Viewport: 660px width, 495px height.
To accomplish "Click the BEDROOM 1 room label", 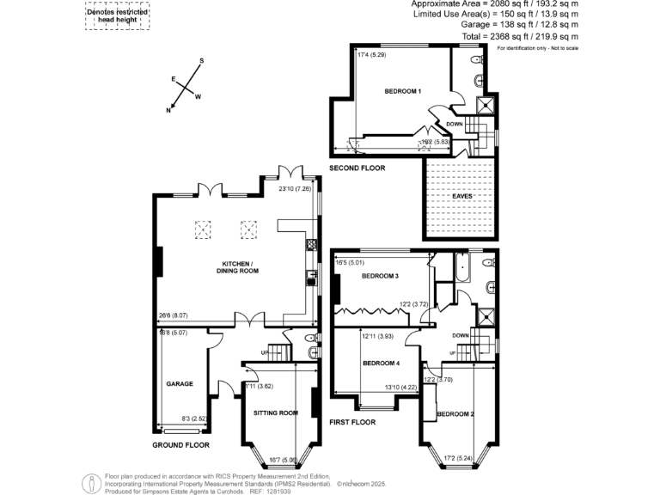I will (402, 91).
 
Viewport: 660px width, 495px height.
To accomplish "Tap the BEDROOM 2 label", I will (455, 415).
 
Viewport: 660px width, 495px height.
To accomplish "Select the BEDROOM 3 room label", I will (379, 276).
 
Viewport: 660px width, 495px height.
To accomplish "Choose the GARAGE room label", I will (180, 384).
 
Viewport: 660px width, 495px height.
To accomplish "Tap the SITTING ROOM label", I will (276, 412).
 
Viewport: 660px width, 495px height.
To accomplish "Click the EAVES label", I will (462, 196).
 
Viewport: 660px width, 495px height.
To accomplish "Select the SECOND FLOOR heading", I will (357, 168).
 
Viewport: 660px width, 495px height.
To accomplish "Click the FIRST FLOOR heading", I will (353, 423).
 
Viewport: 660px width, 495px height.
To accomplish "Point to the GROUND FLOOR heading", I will (181, 445).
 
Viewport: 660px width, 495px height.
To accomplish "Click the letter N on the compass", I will (168, 111).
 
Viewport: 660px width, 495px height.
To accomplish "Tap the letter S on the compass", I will (201, 61).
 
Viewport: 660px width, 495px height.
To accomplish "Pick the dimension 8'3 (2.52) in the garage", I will (194, 419).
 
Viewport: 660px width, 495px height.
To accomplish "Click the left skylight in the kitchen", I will (204, 229).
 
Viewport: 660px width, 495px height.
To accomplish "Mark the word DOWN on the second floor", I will (455, 124).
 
